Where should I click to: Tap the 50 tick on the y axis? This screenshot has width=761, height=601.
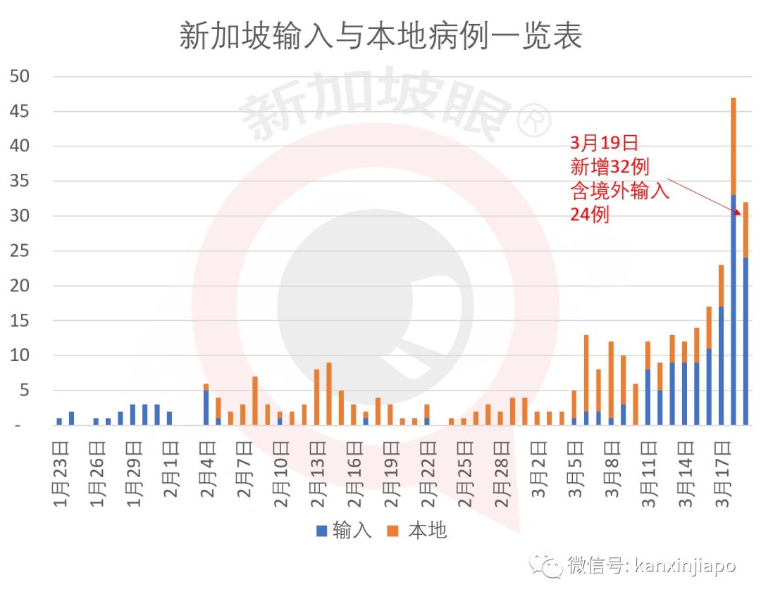22,77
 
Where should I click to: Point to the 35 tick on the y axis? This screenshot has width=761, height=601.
22,182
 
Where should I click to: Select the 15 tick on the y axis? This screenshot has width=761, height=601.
22,321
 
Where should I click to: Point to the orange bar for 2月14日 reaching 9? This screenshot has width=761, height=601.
328,394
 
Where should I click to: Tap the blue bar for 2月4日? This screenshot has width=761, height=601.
206,407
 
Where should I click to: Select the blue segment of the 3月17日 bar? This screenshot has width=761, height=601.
721,366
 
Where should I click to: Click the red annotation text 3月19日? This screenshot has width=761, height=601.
604,144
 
